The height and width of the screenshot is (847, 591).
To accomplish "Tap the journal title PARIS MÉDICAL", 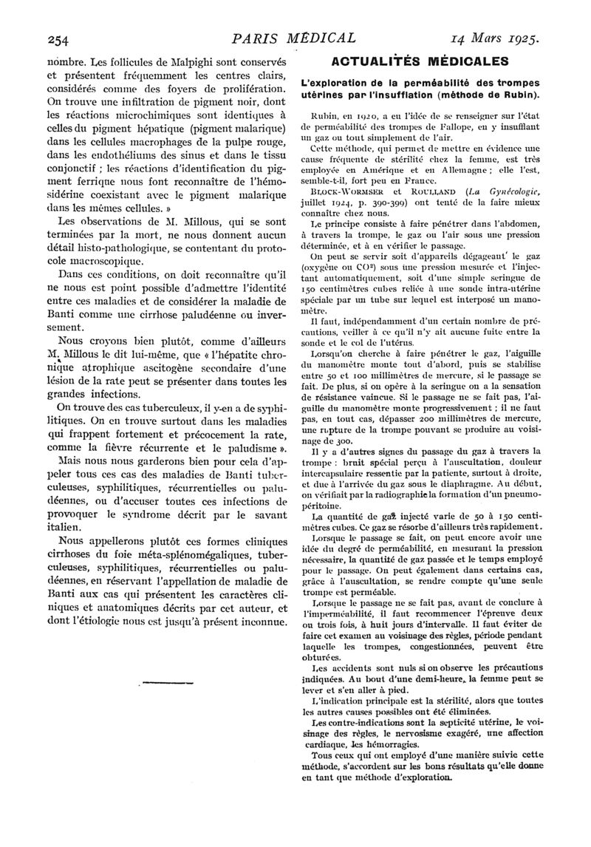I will (x=293, y=36).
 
